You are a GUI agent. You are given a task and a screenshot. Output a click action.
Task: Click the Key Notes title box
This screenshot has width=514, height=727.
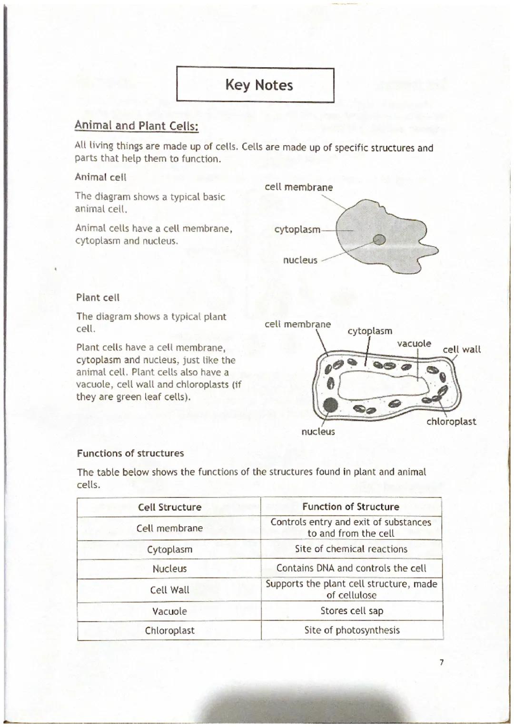(x=256, y=85)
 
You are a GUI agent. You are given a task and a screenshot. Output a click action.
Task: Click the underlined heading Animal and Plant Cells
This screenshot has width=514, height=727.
(x=136, y=126)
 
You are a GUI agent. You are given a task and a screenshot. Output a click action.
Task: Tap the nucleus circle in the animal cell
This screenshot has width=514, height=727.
(x=380, y=239)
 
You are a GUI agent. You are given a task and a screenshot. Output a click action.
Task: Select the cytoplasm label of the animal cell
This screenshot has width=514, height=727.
(x=297, y=229)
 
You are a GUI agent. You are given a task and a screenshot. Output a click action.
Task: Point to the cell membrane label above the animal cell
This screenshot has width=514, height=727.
(x=298, y=187)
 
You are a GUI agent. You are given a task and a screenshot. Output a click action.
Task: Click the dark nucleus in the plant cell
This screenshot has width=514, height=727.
(x=330, y=405)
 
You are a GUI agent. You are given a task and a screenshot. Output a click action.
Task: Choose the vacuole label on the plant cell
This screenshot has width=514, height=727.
(x=414, y=343)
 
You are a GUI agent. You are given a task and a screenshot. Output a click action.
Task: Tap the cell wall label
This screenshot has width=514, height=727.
(x=462, y=349)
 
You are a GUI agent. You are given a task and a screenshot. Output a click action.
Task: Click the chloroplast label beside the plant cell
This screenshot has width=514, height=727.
(x=451, y=421)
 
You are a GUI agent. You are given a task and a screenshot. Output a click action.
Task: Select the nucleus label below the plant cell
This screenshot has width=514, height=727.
(x=318, y=431)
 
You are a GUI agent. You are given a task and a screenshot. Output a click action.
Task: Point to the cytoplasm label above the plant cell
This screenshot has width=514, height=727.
(x=370, y=331)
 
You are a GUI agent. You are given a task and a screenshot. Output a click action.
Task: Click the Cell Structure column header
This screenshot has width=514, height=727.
(x=169, y=507)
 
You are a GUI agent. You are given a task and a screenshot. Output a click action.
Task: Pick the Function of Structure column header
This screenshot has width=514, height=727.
(x=351, y=507)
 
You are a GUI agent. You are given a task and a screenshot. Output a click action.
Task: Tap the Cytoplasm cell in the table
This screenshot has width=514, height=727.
(x=169, y=549)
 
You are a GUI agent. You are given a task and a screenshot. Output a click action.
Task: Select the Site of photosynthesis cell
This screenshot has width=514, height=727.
(x=352, y=630)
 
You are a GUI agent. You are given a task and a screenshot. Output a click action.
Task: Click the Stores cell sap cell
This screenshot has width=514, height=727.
(x=352, y=611)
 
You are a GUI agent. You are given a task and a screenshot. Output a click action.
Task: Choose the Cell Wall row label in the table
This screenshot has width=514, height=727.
(x=169, y=590)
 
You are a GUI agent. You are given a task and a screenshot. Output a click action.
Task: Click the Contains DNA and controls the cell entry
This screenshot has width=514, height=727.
(x=351, y=568)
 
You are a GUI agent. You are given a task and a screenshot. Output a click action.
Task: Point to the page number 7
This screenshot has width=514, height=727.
(x=441, y=662)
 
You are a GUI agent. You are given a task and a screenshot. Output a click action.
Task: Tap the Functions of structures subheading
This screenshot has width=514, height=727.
(x=130, y=453)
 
